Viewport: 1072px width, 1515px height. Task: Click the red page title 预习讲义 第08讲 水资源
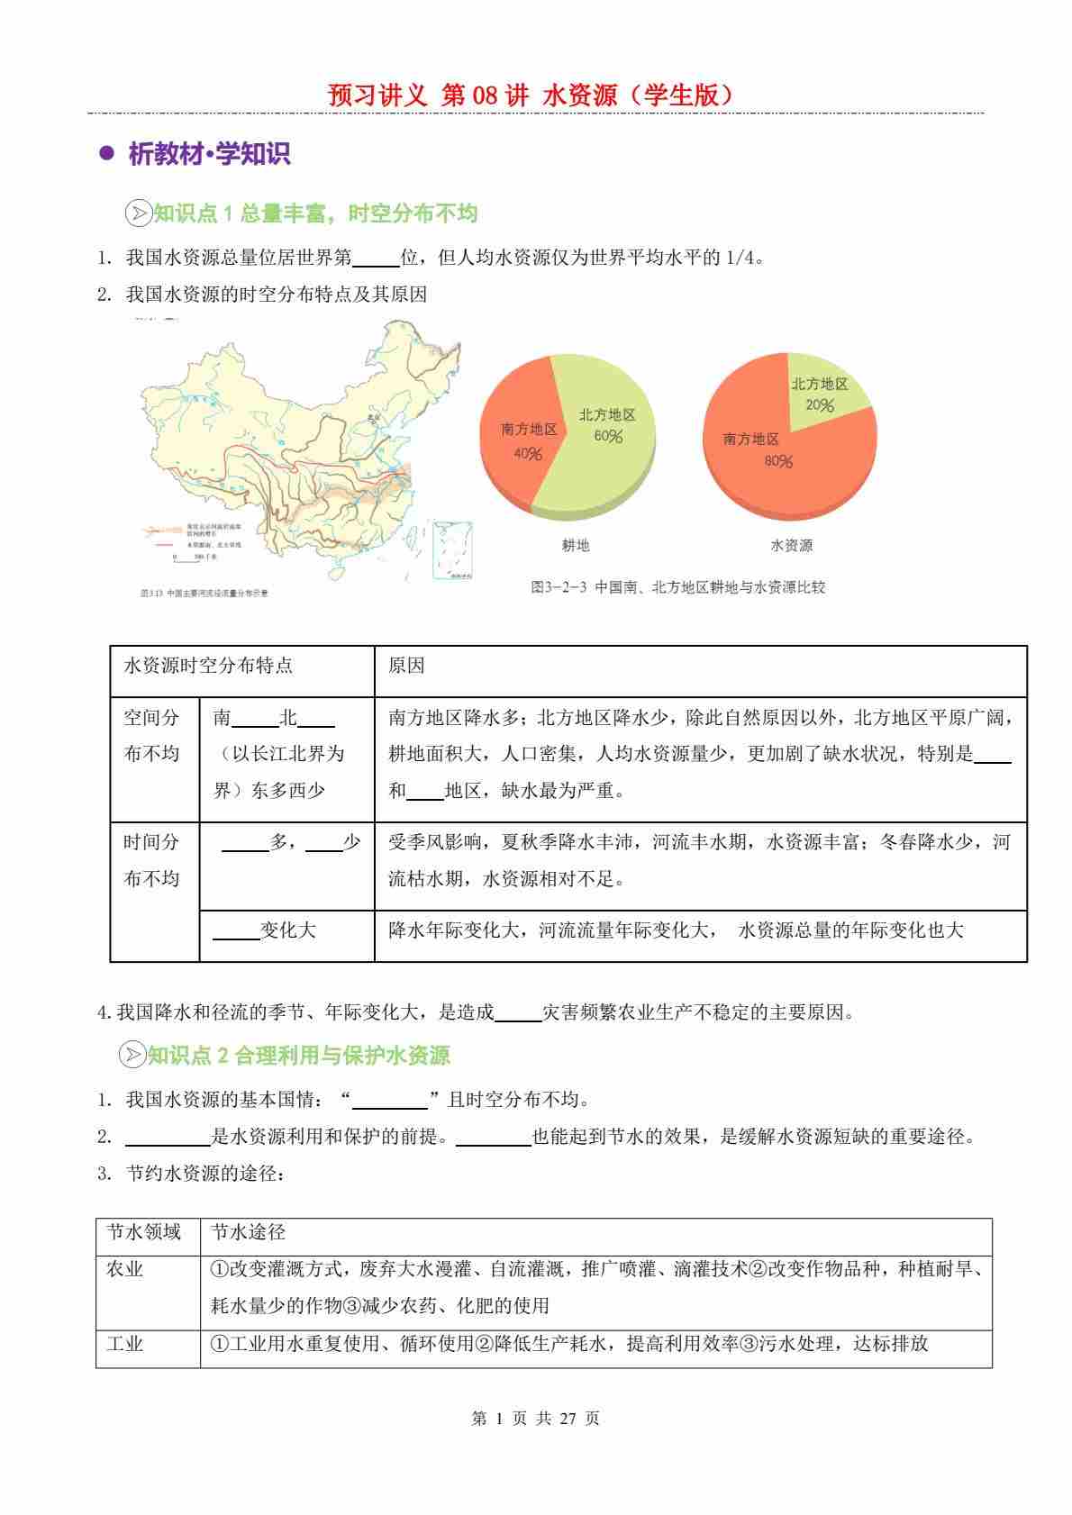click(x=535, y=95)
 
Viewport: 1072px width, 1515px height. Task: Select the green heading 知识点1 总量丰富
click(x=315, y=213)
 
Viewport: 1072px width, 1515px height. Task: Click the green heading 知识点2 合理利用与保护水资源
click(x=298, y=1055)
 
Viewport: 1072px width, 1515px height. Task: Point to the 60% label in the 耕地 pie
click(x=608, y=437)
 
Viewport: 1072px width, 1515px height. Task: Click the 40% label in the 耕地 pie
click(x=528, y=454)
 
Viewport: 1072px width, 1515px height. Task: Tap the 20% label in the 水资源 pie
click(x=820, y=405)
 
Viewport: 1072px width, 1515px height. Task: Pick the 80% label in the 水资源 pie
click(x=778, y=462)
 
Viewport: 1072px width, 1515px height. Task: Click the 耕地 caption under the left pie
click(x=575, y=545)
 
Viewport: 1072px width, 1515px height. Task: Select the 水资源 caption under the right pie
click(x=791, y=545)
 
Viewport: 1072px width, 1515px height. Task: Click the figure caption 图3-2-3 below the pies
click(x=677, y=587)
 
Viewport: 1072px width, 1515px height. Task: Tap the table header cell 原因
click(x=406, y=666)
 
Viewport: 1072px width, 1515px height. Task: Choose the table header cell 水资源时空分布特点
click(x=208, y=666)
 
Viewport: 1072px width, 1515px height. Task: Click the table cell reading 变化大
click(x=287, y=930)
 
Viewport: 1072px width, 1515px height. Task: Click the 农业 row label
click(x=125, y=1269)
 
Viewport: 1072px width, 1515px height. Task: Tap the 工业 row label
click(x=125, y=1344)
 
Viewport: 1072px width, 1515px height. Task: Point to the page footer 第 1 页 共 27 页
click(x=535, y=1419)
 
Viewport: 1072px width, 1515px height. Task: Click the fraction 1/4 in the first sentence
click(x=740, y=258)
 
